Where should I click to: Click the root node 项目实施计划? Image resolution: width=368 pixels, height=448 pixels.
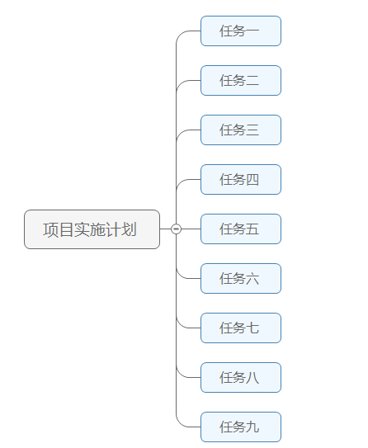[92, 229]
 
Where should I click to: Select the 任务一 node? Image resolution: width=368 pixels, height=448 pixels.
[240, 31]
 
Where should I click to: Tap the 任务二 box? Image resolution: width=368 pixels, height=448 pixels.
[240, 81]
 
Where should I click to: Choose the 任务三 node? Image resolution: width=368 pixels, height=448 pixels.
[240, 130]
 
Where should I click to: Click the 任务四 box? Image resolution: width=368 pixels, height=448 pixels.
[240, 180]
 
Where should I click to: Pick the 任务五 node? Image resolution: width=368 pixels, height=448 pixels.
[240, 229]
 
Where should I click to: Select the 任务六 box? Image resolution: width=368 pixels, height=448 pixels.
[240, 279]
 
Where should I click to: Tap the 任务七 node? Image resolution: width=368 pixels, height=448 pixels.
[240, 328]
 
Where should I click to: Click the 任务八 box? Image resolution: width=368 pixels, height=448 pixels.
[240, 378]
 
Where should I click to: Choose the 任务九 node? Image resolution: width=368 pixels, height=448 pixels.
[240, 427]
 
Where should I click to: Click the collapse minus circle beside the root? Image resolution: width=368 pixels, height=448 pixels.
[176, 229]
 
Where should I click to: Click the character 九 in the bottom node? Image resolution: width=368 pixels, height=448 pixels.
[252, 427]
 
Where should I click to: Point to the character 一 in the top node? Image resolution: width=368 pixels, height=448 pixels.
[252, 31]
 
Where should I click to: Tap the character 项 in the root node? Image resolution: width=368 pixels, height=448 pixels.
[50, 229]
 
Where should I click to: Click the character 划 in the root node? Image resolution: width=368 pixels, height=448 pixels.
[130, 229]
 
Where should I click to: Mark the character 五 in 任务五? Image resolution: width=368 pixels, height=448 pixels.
[252, 229]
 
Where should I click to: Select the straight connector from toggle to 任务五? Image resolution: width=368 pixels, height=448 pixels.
[191, 229]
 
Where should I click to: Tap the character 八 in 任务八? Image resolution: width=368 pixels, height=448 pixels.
[252, 378]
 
